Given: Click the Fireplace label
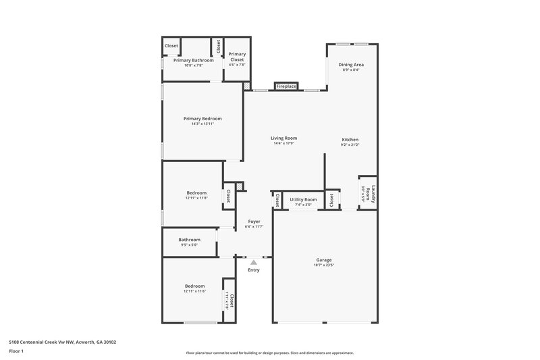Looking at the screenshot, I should [286, 86].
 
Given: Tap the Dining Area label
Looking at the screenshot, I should [350, 65].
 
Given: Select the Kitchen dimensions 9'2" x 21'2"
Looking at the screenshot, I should [350, 145].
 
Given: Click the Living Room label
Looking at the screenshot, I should [284, 138].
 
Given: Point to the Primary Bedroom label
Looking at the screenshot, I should [202, 118].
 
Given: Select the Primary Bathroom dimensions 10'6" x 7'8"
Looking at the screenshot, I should [193, 66].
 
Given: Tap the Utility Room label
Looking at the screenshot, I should [303, 199].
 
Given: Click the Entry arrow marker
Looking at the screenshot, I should [253, 261].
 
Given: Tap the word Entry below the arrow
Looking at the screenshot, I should [253, 270].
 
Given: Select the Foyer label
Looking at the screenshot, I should [254, 221].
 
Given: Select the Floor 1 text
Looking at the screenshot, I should [17, 352].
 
